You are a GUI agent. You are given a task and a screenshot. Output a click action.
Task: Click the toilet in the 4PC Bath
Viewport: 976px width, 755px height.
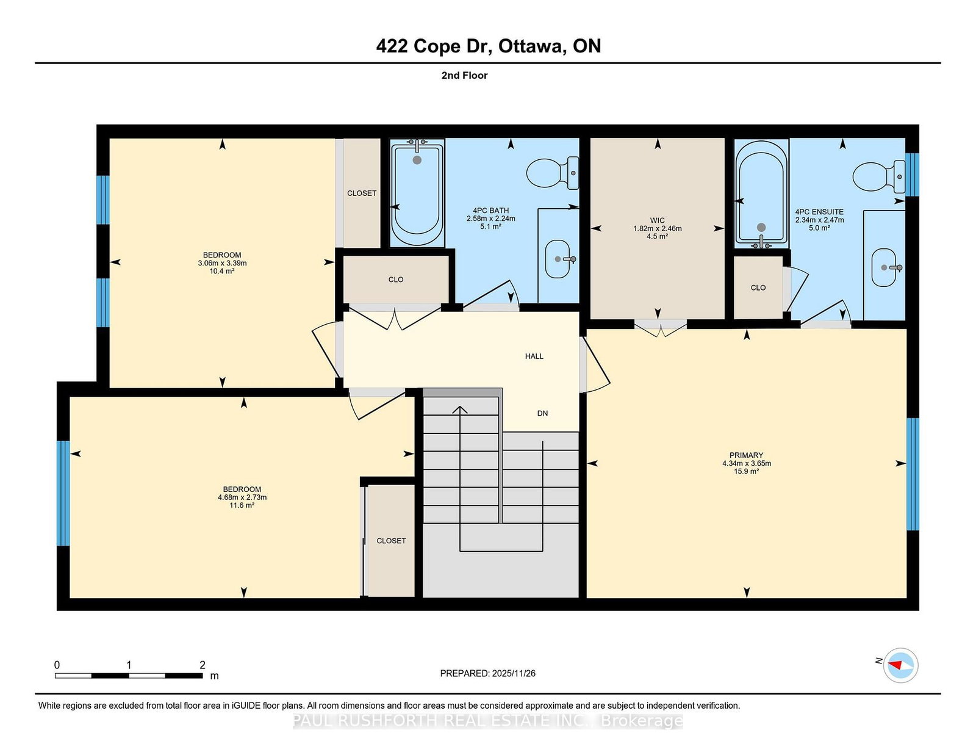[553, 173]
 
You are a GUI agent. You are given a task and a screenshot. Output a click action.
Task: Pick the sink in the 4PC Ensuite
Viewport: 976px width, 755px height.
[884, 267]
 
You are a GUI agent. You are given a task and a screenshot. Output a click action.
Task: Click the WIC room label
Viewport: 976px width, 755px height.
[657, 220]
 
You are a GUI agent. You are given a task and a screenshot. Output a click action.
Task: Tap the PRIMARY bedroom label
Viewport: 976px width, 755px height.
[746, 455]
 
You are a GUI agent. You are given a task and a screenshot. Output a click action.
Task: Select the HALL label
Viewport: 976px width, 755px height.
[534, 356]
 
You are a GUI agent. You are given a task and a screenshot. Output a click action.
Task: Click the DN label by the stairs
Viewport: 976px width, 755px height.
[542, 413]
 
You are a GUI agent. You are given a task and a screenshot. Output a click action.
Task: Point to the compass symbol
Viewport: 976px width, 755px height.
[900, 665]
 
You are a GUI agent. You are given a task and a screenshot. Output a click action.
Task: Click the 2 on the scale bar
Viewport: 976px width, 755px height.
[203, 665]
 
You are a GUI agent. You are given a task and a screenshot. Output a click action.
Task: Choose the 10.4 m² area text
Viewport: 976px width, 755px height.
[222, 272]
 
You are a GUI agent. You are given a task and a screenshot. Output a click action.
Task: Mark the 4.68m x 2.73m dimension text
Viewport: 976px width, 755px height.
[242, 497]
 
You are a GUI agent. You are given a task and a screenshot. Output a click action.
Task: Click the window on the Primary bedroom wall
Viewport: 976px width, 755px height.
[913, 475]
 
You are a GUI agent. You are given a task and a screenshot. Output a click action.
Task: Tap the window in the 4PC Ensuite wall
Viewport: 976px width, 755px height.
[912, 175]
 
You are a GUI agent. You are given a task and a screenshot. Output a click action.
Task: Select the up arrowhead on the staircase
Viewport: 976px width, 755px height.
[459, 410]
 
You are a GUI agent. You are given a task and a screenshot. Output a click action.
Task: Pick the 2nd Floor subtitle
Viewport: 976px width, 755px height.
[464, 76]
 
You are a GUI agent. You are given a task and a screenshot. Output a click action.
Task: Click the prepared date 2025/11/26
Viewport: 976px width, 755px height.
[514, 673]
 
